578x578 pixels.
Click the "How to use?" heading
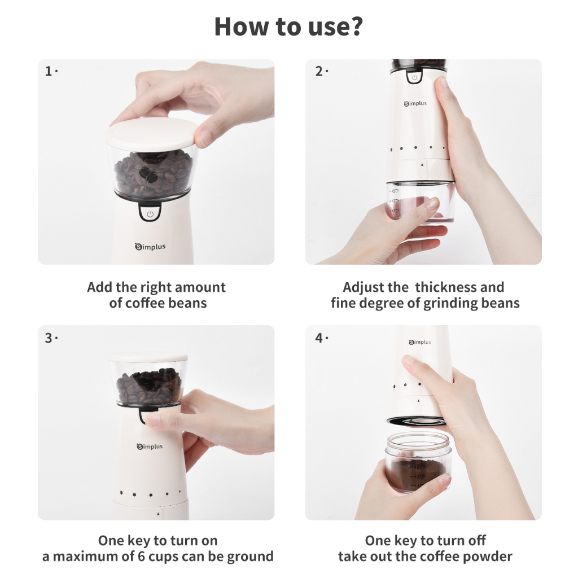[x=288, y=26]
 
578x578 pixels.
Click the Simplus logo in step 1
[x=150, y=246]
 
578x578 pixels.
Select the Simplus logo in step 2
[x=415, y=104]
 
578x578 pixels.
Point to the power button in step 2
[x=414, y=77]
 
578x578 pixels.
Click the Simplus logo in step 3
[x=150, y=446]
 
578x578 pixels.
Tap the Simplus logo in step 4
[x=420, y=342]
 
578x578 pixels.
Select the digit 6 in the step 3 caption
[x=142, y=556]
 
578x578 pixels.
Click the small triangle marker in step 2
[x=422, y=165]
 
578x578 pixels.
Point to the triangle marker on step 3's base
[x=158, y=514]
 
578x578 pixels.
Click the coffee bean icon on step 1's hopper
[x=148, y=175]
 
